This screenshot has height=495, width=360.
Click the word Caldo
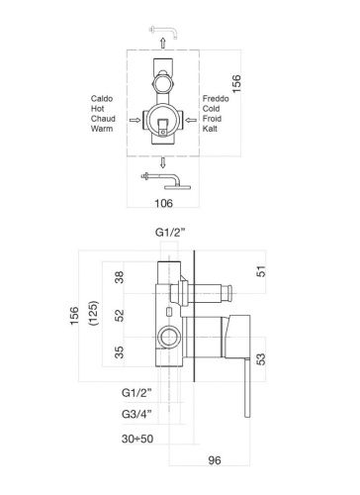[x=102, y=99]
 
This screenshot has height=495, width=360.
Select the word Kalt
[x=210, y=129]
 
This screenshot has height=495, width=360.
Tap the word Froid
[x=212, y=119]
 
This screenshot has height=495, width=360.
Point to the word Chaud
[x=103, y=119]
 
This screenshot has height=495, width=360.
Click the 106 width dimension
[x=164, y=203]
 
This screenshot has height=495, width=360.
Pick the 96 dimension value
[x=215, y=460]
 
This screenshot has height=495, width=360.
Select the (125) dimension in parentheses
[x=94, y=313]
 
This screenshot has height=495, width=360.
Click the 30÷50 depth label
[x=137, y=439]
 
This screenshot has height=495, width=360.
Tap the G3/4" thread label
[x=136, y=414]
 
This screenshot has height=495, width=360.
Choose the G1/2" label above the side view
[x=170, y=233]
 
